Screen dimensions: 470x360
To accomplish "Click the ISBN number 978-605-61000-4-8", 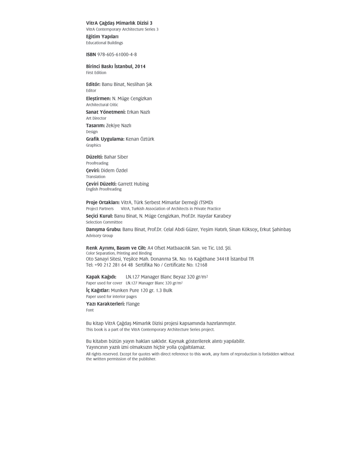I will coord(117,54).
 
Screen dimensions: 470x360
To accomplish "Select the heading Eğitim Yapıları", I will coord(102,36).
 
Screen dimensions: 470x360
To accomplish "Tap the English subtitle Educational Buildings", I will coord(104,43).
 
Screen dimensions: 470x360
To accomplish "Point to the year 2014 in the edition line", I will coord(140,67).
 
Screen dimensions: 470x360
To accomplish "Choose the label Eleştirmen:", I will coord(98,99).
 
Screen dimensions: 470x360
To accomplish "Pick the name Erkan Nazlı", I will coord(139,112).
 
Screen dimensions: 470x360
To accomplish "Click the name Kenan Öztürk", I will coord(140,139).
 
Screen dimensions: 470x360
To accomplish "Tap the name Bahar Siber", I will coord(116,157).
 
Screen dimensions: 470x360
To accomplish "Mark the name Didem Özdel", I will coord(114,171).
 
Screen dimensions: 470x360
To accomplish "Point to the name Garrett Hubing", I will coord(133,184).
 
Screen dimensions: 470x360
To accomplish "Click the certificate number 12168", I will coord(198,265).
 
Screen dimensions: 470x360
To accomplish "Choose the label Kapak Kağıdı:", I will coord(101,277).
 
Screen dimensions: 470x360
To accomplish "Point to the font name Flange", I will coord(133,304).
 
